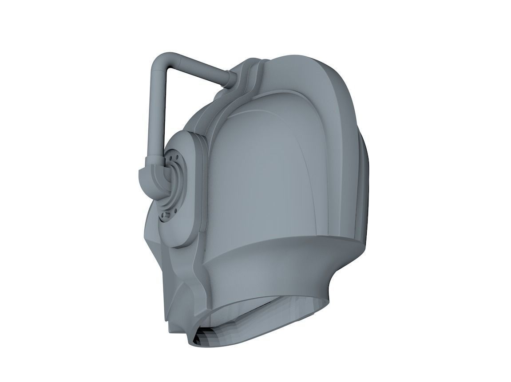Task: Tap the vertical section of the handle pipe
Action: click(x=156, y=111)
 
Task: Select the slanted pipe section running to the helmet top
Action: click(x=200, y=69)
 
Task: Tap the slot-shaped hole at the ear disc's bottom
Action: click(x=167, y=216)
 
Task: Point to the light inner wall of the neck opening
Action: click(x=266, y=311)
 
